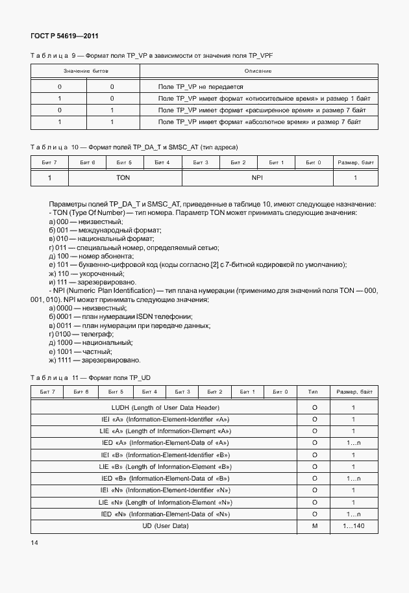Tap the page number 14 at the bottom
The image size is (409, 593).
pos(34,542)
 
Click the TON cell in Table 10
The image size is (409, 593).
pos(123,177)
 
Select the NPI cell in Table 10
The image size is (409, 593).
pos(258,177)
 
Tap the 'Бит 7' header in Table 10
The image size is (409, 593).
pos(49,162)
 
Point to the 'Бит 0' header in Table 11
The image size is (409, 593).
pos(280,392)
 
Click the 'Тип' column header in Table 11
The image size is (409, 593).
pos(313,392)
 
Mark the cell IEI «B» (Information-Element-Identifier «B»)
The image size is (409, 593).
pos(166,455)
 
